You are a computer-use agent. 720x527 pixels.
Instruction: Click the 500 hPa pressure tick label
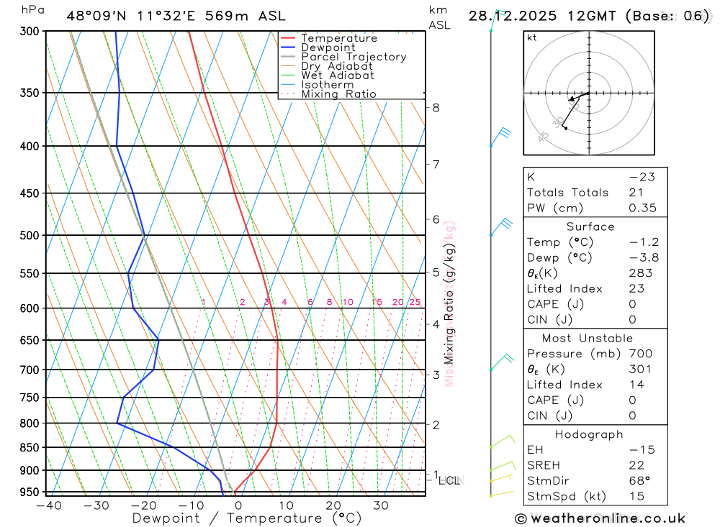point(30,235)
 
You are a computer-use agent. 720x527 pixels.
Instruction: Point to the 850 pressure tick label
point(30,447)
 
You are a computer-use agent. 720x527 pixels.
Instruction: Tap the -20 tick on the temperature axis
point(144,505)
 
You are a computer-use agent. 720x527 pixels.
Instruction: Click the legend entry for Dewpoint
point(328,47)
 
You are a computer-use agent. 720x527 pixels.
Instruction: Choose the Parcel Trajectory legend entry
point(354,57)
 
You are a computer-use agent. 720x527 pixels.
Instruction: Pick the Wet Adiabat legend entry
point(338,75)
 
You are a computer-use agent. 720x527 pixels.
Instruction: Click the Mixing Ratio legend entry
point(338,93)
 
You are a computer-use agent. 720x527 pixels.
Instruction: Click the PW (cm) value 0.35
point(642,208)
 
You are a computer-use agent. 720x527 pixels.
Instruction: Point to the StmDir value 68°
point(639,480)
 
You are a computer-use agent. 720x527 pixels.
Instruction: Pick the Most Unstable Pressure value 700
point(640,354)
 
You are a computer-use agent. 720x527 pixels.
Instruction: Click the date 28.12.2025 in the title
point(509,16)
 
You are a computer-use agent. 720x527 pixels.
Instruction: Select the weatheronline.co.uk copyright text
point(600,518)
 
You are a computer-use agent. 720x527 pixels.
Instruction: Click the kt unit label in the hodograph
point(532,38)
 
